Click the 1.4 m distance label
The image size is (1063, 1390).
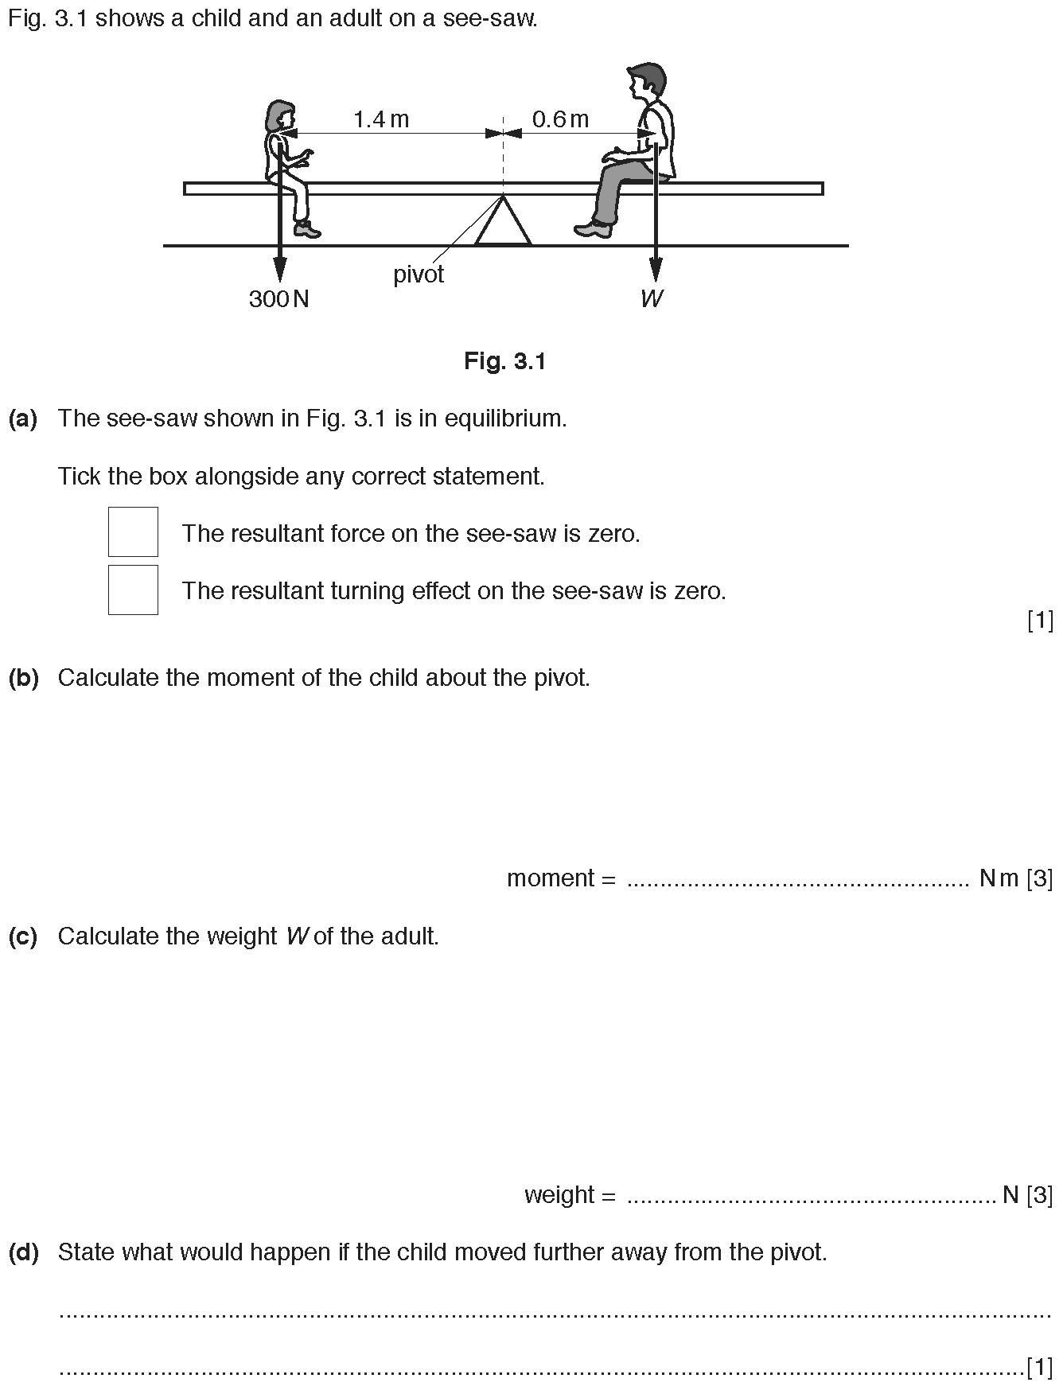[380, 119]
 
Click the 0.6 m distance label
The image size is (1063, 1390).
[560, 119]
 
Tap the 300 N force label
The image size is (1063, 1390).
[278, 298]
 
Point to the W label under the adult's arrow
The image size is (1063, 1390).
[652, 298]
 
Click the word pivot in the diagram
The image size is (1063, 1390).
[419, 274]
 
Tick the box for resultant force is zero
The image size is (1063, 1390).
[133, 531]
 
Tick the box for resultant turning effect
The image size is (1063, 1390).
[133, 590]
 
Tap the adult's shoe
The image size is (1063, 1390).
[594, 229]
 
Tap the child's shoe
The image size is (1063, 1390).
[307, 230]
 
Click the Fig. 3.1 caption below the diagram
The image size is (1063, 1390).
[505, 362]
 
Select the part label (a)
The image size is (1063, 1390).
[23, 419]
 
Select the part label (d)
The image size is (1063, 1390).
[23, 1252]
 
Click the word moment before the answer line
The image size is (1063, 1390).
[551, 878]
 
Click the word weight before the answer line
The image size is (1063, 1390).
[559, 1195]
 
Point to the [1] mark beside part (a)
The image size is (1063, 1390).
[1041, 620]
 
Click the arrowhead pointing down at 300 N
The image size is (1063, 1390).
[279, 269]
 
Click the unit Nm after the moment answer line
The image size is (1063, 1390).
[999, 878]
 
